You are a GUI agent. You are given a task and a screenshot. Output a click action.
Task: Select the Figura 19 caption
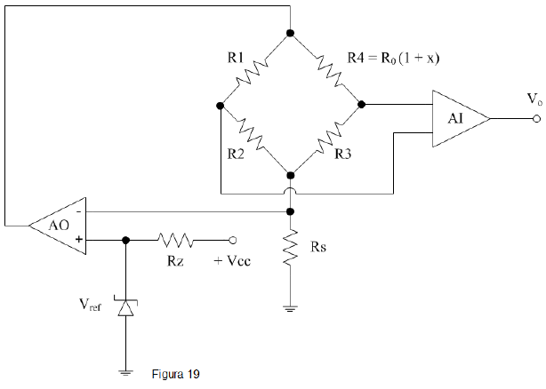tap(177, 374)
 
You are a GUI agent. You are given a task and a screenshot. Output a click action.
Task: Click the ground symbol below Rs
tap(291, 308)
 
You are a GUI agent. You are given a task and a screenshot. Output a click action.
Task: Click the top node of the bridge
tap(291, 33)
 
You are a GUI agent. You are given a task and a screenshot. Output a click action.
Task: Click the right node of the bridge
tap(362, 104)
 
